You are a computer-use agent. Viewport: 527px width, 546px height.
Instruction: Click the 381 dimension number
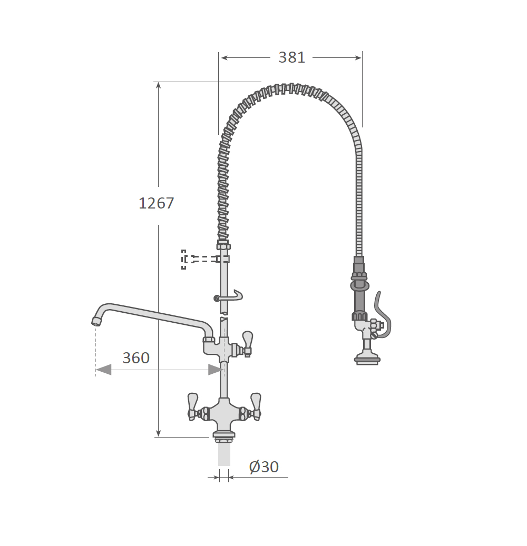coord(292,57)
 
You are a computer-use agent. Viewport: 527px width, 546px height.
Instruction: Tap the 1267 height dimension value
coord(156,203)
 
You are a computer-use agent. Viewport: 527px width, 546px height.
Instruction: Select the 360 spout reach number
coord(136,358)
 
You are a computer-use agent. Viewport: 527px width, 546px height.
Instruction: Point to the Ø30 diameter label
coord(264,467)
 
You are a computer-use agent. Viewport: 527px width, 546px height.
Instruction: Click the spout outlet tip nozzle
coord(95,321)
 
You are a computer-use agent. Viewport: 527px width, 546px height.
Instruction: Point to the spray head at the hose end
coord(367,359)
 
